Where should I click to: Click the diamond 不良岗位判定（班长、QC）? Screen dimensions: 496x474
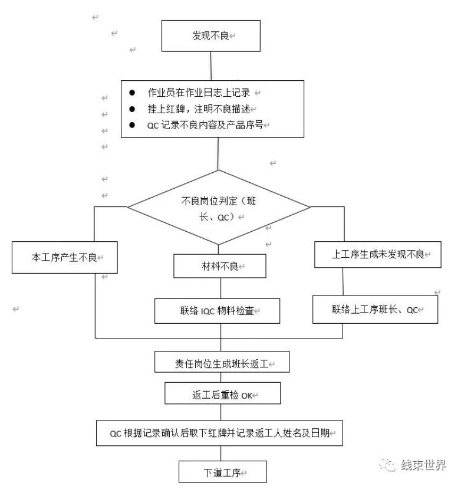tap(219, 207)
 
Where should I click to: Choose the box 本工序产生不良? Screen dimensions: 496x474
tap(64, 258)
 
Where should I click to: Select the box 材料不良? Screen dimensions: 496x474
tap(219, 266)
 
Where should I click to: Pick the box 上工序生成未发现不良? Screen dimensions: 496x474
tap(377, 254)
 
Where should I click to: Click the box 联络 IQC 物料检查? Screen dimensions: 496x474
tap(217, 310)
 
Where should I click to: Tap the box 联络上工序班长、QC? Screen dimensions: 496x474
tap(375, 310)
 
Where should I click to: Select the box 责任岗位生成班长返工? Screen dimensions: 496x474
tap(222, 362)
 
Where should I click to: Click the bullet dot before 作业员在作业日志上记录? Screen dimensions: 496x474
tap(132, 93)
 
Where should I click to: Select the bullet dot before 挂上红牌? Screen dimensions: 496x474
tap(132, 109)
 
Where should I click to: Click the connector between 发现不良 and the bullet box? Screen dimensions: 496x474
tap(212, 65)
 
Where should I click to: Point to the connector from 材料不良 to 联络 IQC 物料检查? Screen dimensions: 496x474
tap(220, 288)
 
